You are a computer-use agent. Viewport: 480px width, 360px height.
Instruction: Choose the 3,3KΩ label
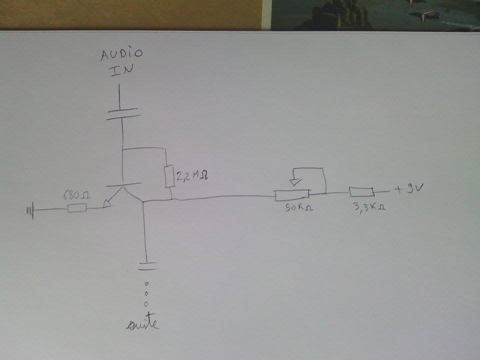coord(369,205)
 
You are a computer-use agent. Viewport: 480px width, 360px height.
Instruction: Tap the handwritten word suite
coord(143,324)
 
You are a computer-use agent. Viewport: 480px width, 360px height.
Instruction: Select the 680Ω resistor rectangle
coord(77,207)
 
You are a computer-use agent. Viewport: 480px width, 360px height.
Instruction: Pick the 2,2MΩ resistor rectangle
coord(169,176)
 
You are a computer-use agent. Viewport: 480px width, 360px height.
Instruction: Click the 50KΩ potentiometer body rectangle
coord(292,195)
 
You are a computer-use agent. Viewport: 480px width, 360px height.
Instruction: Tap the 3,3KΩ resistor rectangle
coord(361,191)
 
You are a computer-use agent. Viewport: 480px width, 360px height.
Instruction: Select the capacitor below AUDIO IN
coord(122,113)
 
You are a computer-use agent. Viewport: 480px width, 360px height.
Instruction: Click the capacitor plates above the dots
coord(147,264)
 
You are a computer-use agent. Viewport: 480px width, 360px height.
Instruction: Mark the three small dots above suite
coord(146,293)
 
